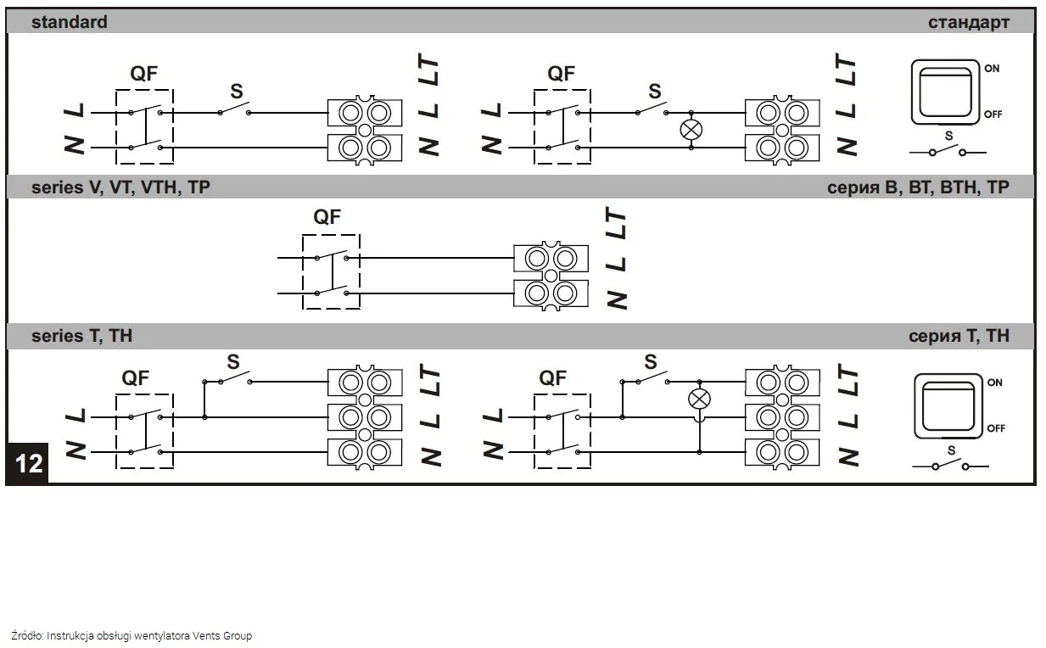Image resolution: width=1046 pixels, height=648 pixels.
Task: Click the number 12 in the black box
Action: [x=29, y=464]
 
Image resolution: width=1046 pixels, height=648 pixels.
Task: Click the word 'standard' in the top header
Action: [x=69, y=22]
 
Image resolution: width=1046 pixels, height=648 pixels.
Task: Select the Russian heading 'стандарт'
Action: [x=969, y=22]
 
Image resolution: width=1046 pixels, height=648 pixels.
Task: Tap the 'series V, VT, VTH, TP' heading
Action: [x=120, y=187]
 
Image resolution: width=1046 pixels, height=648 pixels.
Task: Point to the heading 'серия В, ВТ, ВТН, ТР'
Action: [x=918, y=187]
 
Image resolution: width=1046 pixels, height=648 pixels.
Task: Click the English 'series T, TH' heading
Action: [x=81, y=336]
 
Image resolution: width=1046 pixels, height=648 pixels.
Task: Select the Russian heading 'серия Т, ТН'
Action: [x=959, y=336]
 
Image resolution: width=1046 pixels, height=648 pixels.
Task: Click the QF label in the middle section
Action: [x=327, y=216]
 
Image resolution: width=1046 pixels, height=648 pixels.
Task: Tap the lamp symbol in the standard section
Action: [x=691, y=130]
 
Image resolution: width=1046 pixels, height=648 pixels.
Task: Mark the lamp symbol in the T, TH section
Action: [x=699, y=399]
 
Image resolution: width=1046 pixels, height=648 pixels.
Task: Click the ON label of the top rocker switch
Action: [x=992, y=69]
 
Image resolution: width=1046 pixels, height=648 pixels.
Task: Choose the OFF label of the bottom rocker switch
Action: [x=996, y=428]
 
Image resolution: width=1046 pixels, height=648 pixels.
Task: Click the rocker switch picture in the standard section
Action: [x=945, y=92]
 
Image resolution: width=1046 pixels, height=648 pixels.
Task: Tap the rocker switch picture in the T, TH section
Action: [x=948, y=405]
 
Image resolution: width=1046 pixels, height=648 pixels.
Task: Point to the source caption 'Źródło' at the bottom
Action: [x=26, y=635]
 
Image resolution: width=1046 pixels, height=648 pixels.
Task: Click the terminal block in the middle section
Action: [x=551, y=276]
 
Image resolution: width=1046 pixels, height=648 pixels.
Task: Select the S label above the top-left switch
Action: [x=237, y=91]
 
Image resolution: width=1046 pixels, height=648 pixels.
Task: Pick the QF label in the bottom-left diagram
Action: [x=135, y=377]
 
